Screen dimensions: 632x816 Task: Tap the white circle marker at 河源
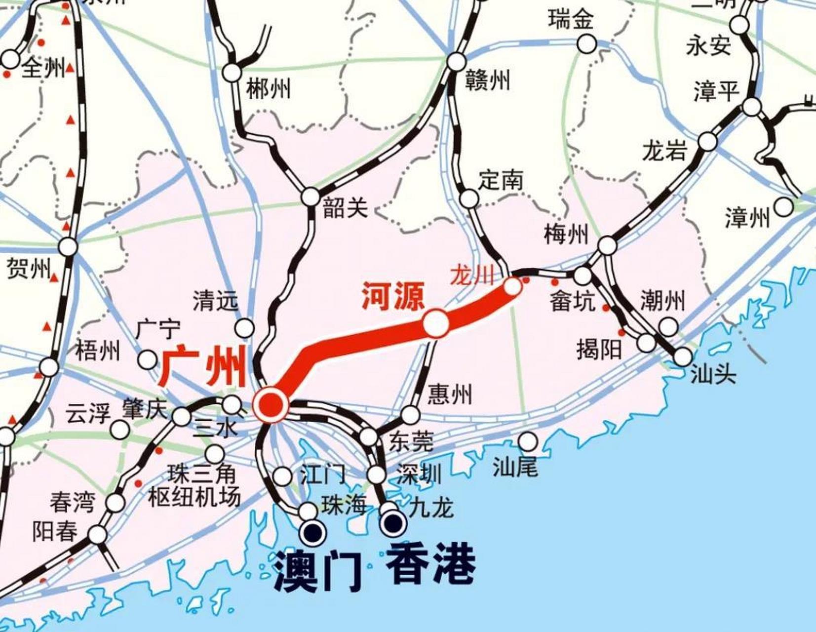click(x=436, y=323)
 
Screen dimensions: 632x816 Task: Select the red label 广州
click(x=202, y=367)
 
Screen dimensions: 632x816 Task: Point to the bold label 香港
click(x=430, y=564)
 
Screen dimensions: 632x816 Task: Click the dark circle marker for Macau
click(x=313, y=532)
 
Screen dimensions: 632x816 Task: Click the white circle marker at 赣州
click(x=456, y=62)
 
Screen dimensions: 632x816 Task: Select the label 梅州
click(x=566, y=234)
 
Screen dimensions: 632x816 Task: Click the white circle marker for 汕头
click(x=683, y=356)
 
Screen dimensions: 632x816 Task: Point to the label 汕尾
click(x=515, y=466)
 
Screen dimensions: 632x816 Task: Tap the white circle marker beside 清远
click(x=244, y=327)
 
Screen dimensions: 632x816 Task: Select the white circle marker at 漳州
click(x=783, y=206)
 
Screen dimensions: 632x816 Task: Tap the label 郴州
click(x=269, y=89)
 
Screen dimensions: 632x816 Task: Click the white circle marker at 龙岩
click(x=707, y=142)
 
